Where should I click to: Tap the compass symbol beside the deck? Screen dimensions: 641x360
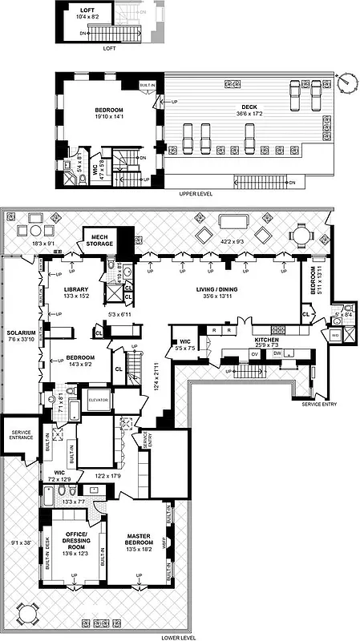pyautogui.click(x=346, y=82)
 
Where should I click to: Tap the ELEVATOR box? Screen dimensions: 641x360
pyautogui.click(x=98, y=400)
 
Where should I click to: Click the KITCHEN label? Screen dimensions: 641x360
pyautogui.click(x=265, y=340)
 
